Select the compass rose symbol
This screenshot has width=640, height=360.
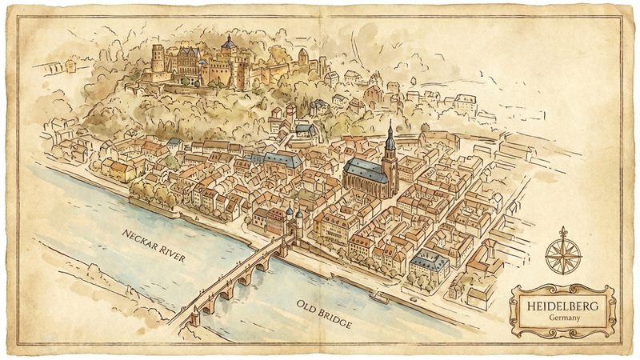tap(563, 254)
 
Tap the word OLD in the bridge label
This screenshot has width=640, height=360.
tap(307, 306)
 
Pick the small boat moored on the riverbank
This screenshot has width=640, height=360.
tap(378, 298)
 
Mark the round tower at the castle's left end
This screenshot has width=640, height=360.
tap(158, 61)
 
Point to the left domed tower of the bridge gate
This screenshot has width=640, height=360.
tap(289, 214)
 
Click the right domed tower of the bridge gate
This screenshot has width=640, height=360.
tap(299, 218)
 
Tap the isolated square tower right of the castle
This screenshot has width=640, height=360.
tap(302, 57)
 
